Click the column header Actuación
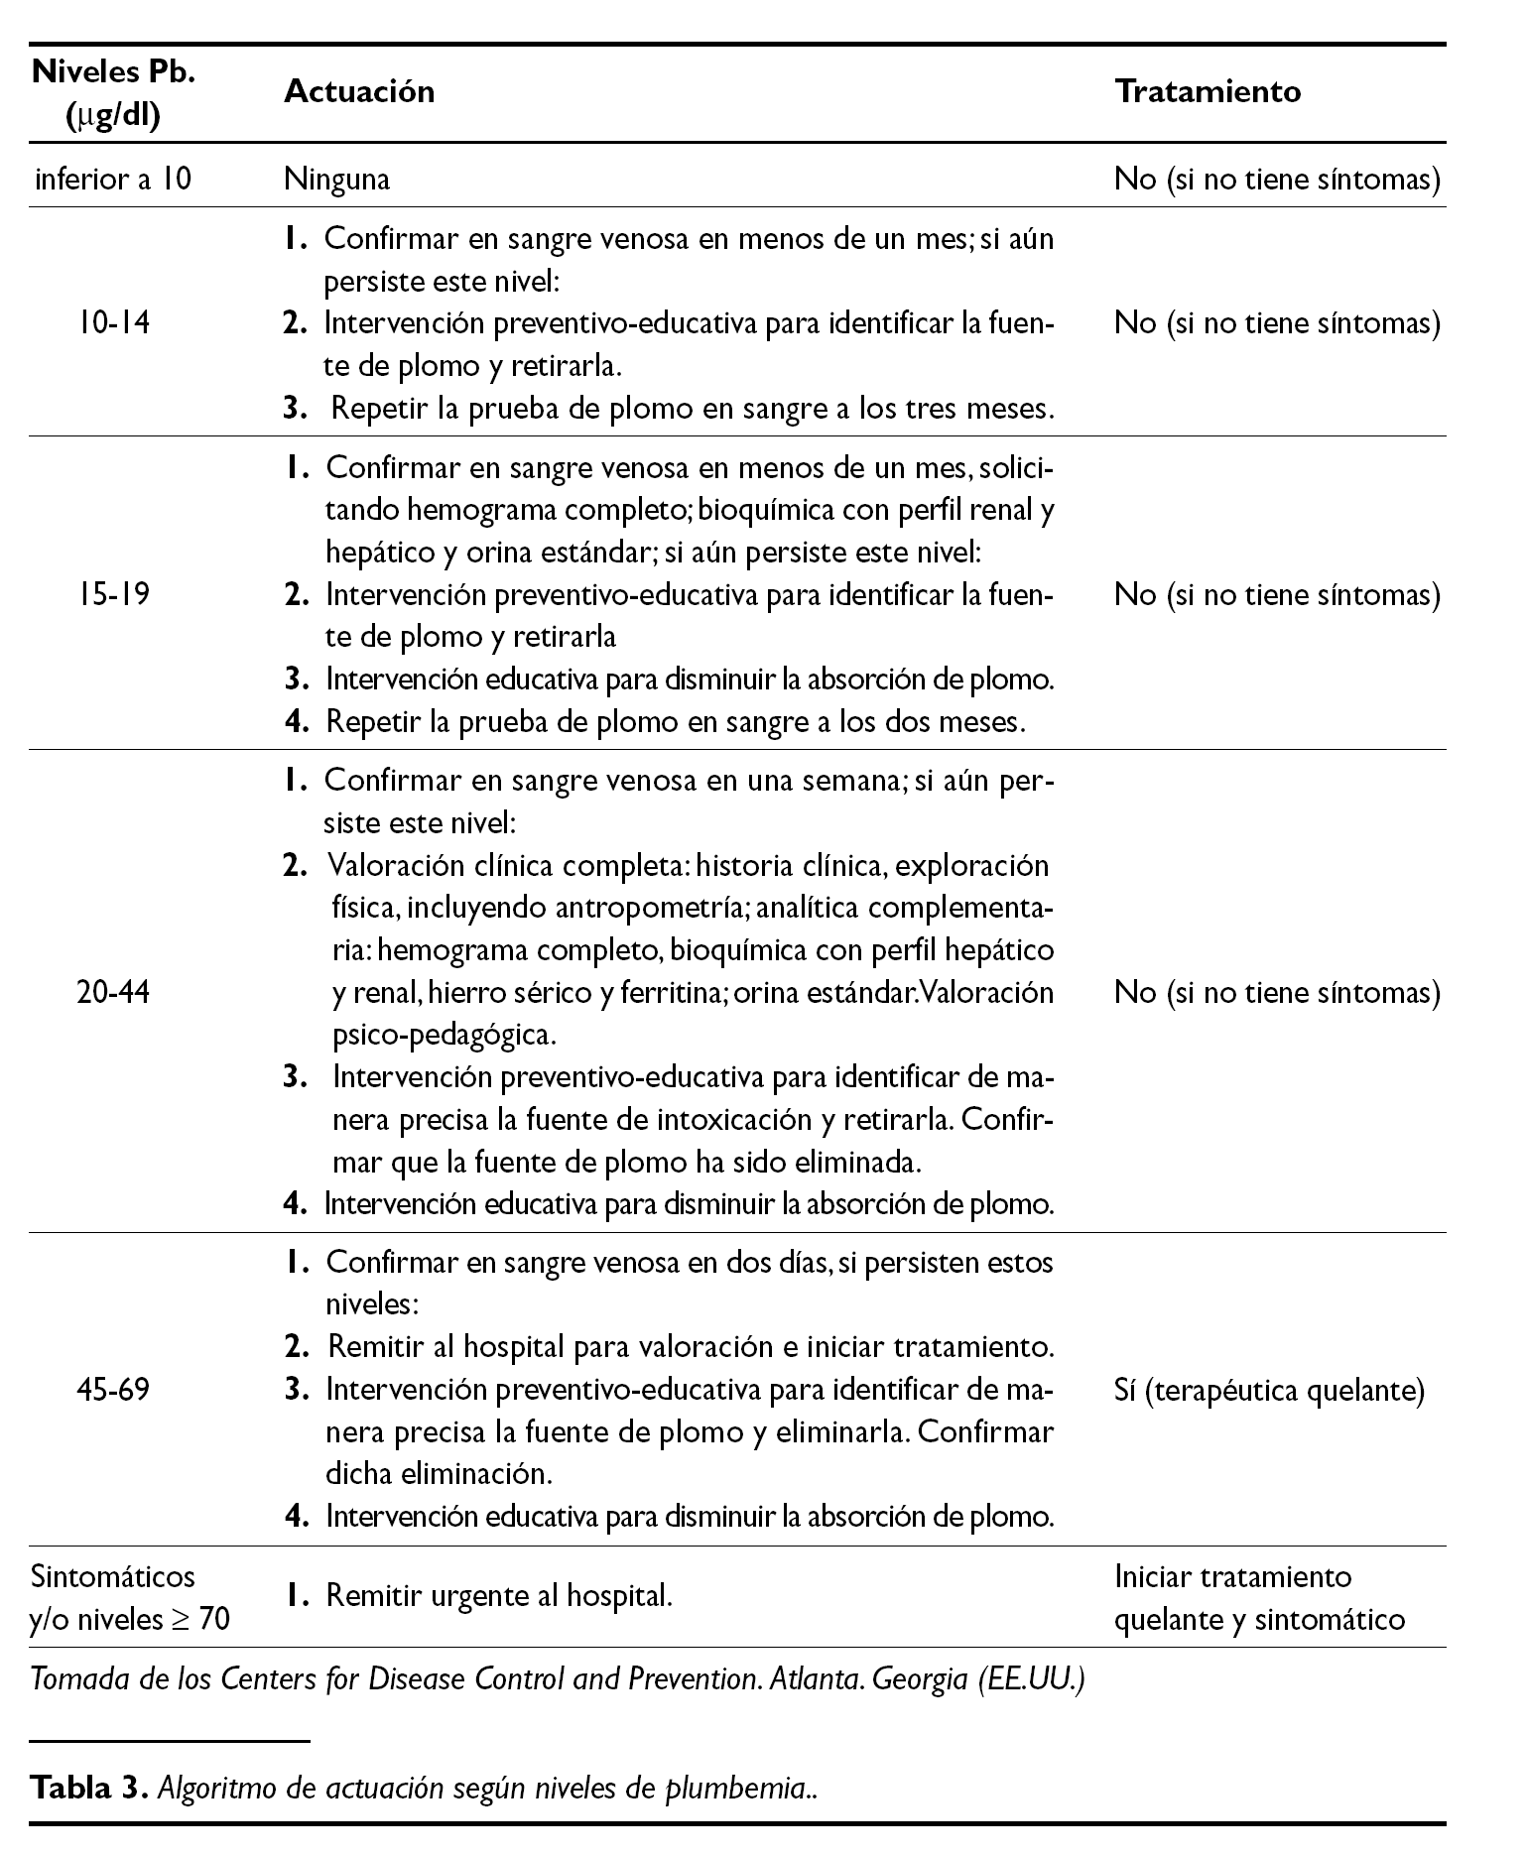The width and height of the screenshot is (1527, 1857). click(359, 91)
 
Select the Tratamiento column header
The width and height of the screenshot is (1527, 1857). click(1208, 91)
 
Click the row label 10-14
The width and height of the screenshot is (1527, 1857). click(113, 323)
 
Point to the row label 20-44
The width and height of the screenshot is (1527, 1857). click(113, 992)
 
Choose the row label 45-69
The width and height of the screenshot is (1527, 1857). click(113, 1390)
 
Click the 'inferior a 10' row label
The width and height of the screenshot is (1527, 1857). click(113, 180)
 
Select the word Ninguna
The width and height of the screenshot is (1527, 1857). click(336, 180)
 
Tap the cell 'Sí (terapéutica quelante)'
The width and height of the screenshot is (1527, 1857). click(1269, 1391)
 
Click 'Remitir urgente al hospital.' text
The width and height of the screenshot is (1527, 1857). click(499, 1597)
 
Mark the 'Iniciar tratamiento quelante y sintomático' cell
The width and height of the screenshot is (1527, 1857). click(1259, 1598)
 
